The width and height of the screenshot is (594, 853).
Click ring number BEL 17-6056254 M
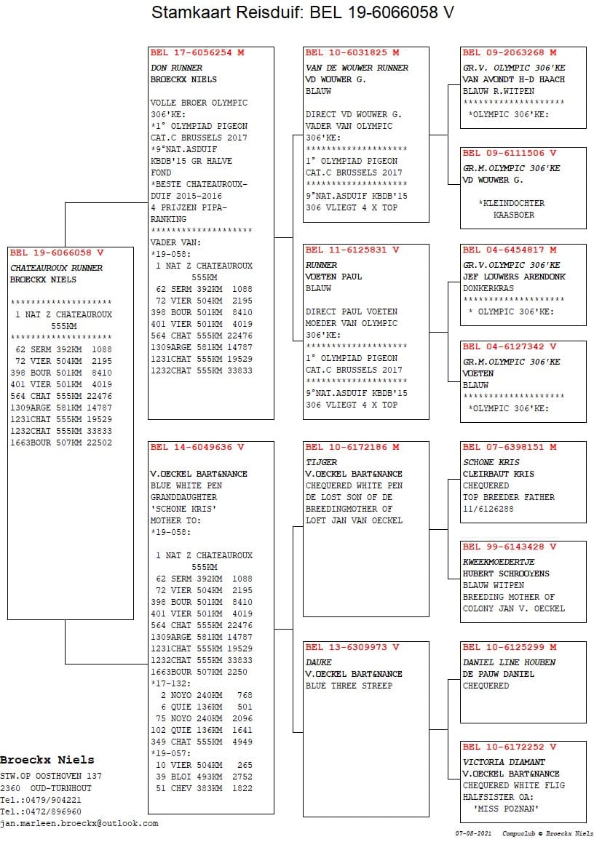(197, 52)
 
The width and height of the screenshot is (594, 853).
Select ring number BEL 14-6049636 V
(197, 447)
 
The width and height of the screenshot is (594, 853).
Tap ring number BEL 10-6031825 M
(352, 52)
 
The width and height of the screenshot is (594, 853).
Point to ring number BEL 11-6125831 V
(352, 250)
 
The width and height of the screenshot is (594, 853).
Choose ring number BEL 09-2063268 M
(510, 52)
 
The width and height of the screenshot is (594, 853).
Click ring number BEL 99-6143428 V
(510, 547)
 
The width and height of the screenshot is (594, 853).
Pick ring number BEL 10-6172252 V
(510, 747)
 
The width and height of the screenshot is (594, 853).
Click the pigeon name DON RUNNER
(177, 68)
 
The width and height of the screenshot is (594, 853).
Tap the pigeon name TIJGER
(321, 462)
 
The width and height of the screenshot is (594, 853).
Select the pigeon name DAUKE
(319, 662)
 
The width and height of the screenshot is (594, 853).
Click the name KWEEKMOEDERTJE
(499, 562)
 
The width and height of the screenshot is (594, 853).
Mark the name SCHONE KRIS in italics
(491, 462)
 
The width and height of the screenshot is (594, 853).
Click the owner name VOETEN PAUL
(333, 277)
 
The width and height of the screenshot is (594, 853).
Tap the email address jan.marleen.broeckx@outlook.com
(79, 823)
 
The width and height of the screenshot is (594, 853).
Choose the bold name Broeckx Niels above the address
(47, 760)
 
